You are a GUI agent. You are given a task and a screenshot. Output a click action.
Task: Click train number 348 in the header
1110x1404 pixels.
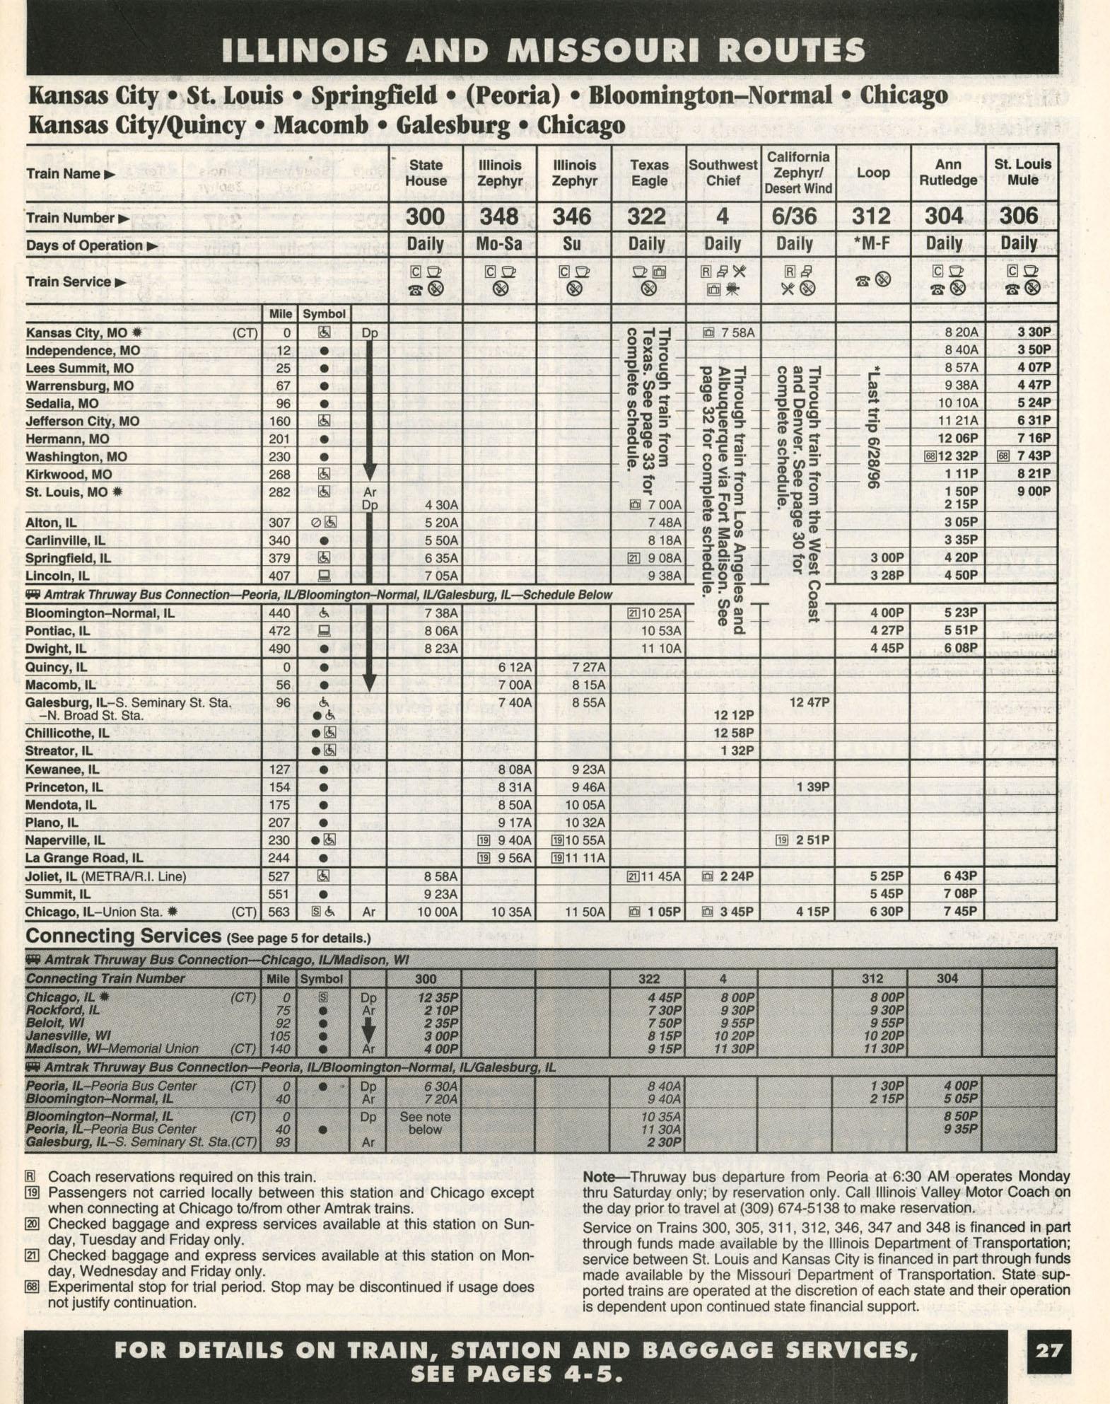pyautogui.click(x=499, y=216)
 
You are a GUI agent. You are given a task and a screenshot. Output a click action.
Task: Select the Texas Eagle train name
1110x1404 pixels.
pyautogui.click(x=648, y=173)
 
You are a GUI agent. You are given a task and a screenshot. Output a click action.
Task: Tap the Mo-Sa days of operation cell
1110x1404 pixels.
pyautogui.click(x=499, y=245)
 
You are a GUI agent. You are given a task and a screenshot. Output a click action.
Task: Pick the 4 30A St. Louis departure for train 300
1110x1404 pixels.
pyautogui.click(x=440, y=505)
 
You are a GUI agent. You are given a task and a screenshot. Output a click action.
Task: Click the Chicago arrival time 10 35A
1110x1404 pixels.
pyautogui.click(x=510, y=912)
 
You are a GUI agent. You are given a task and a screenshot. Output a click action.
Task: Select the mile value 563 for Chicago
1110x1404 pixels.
pyautogui.click(x=279, y=912)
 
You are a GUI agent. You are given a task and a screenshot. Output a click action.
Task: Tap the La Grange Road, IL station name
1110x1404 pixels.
pyautogui.click(x=84, y=859)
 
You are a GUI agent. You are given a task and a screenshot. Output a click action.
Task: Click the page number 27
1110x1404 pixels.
pyautogui.click(x=1048, y=1351)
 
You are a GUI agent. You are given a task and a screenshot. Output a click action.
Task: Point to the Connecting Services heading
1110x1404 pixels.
pyautogui.click(x=123, y=936)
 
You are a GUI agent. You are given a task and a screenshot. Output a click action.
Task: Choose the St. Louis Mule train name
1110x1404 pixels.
pyautogui.click(x=1022, y=172)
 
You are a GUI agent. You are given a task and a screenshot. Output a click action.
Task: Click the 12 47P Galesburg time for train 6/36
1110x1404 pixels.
pyautogui.click(x=809, y=702)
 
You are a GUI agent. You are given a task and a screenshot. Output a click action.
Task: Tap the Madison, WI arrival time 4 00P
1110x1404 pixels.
pyautogui.click(x=440, y=1049)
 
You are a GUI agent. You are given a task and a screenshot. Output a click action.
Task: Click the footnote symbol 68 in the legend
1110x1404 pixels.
pyautogui.click(x=31, y=1286)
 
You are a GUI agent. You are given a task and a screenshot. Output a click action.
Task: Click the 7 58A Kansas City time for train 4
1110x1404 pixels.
pyautogui.click(x=737, y=332)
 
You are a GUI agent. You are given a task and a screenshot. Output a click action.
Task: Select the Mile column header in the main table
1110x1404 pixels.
pyautogui.click(x=281, y=313)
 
